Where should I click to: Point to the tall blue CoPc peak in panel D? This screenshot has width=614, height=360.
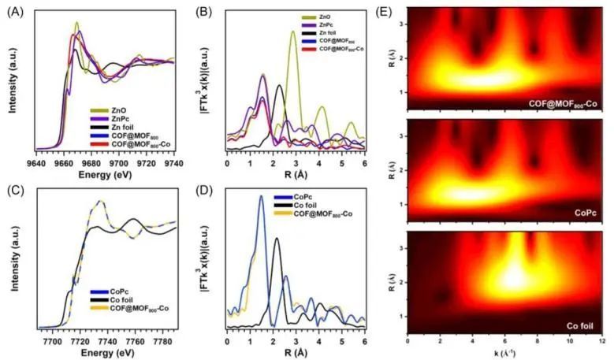pyautogui.click(x=261, y=197)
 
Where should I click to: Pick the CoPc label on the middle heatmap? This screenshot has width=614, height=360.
pyautogui.click(x=582, y=213)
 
